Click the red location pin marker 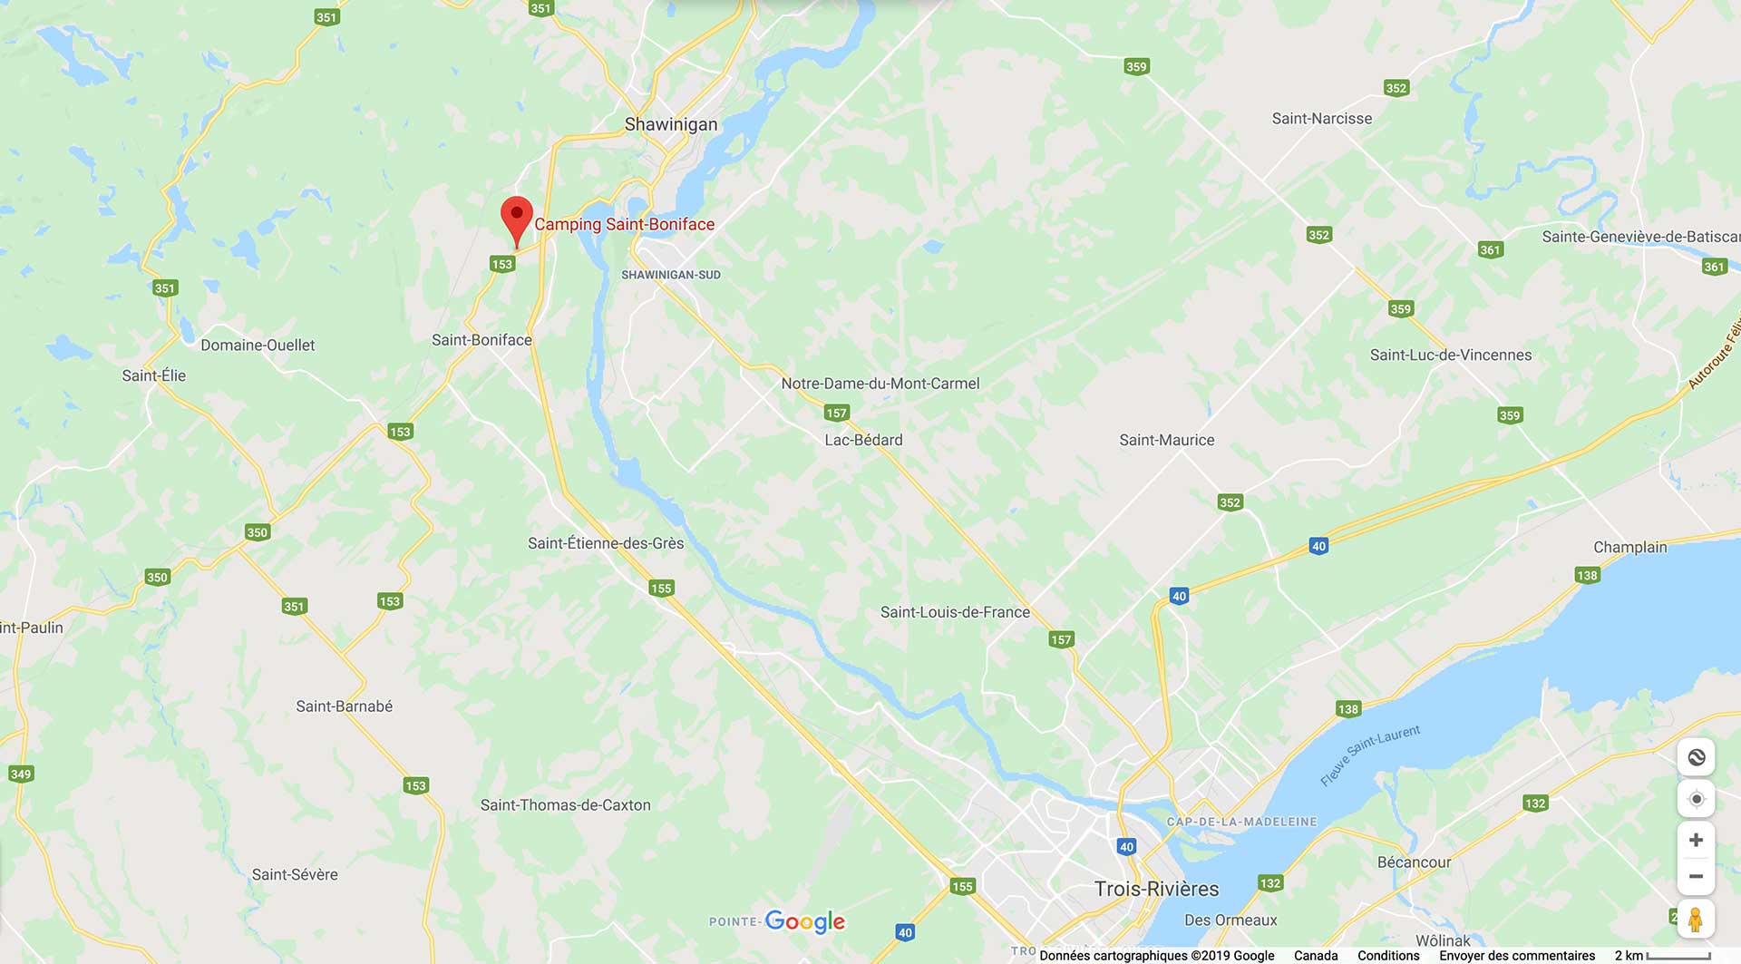[517, 218]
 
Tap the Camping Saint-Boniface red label [624, 224]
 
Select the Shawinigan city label [671, 124]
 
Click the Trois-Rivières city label [1156, 889]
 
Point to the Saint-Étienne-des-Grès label [606, 543]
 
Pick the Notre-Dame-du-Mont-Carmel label [880, 384]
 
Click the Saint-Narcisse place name [1321, 119]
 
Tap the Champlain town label [1629, 547]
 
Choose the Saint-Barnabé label [344, 706]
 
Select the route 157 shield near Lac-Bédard [836, 414]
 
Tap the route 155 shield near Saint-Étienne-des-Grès [661, 589]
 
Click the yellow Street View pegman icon [1695, 920]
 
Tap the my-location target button [1696, 799]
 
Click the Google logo [804, 921]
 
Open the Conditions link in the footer [1387, 956]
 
